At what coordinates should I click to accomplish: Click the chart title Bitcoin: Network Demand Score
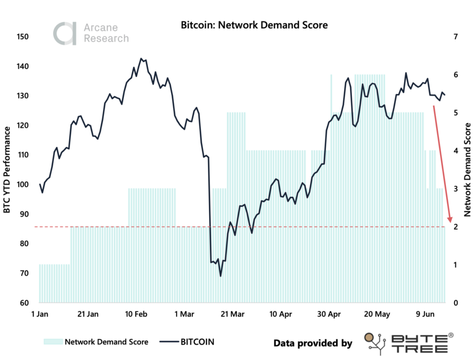[254, 25]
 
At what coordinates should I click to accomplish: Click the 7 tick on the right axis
[455, 37]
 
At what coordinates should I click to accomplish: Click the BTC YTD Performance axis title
[8, 169]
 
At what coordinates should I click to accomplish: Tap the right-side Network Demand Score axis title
[468, 169]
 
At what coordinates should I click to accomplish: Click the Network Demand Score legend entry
[96, 342]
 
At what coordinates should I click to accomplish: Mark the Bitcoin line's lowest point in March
[220, 276]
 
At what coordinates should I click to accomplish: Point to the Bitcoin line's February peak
[141, 58]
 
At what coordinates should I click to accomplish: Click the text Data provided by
[313, 343]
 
